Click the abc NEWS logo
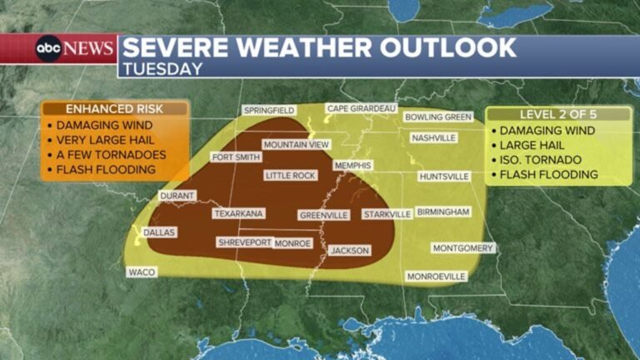pos(73,48)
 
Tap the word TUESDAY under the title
pos(162,69)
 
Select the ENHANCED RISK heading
pos(114,109)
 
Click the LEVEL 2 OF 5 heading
pos(557,114)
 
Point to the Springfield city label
pos(268,110)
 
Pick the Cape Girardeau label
pos(361,108)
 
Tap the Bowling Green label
pos(438,117)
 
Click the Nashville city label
pos(433,137)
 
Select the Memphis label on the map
pos(352,166)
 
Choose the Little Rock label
pos(290,176)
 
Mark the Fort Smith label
pos(233,157)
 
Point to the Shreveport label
pos(244,242)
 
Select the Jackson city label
pos(348,250)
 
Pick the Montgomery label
pos(462,248)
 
